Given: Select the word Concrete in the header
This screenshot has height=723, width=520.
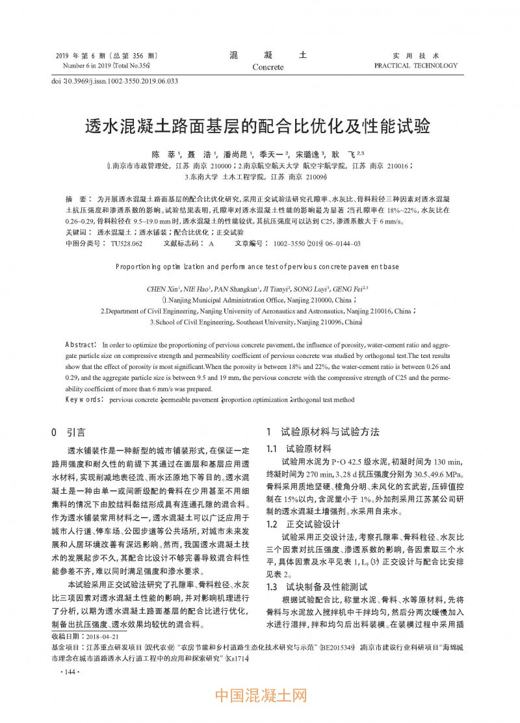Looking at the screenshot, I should point(268,67).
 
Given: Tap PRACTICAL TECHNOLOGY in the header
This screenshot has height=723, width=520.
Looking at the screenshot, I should point(416,66).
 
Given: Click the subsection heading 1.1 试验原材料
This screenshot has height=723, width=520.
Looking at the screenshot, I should point(299,449).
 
